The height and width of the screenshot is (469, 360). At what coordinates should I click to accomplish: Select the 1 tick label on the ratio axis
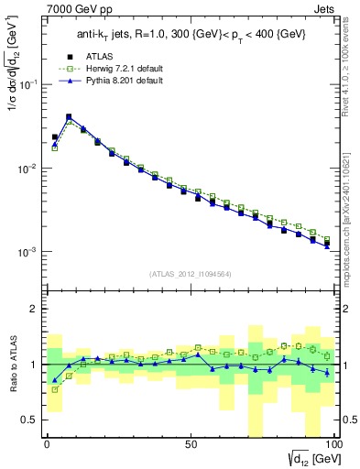point(35,365)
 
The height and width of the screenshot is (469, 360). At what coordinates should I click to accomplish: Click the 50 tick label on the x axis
point(191,444)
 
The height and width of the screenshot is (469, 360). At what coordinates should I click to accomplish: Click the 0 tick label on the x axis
point(47,444)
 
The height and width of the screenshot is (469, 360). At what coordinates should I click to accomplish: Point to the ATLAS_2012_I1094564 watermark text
point(190,273)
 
